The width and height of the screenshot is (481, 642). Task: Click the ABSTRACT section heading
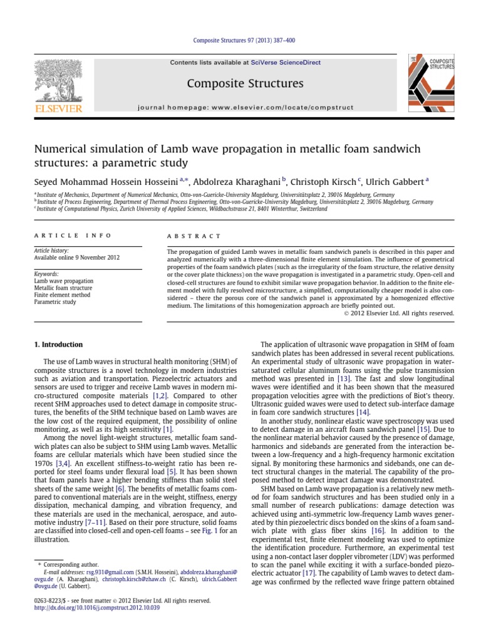pyautogui.click(x=185, y=236)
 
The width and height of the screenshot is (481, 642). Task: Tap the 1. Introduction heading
pyautogui.click(x=57, y=344)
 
